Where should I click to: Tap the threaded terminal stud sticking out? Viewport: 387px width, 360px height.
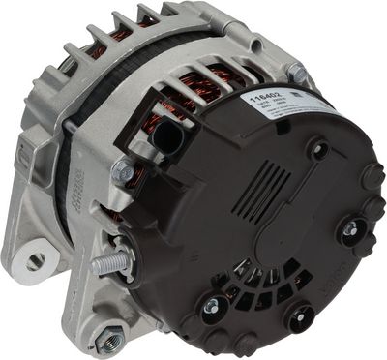point(108,260)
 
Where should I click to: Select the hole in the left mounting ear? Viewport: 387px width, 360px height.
point(36,260)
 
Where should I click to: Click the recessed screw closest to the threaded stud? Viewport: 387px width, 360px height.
point(209,306)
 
